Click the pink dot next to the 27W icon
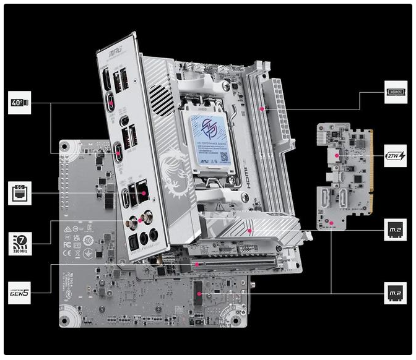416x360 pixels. [337, 155]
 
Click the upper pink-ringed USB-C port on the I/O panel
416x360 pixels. [113, 101]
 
